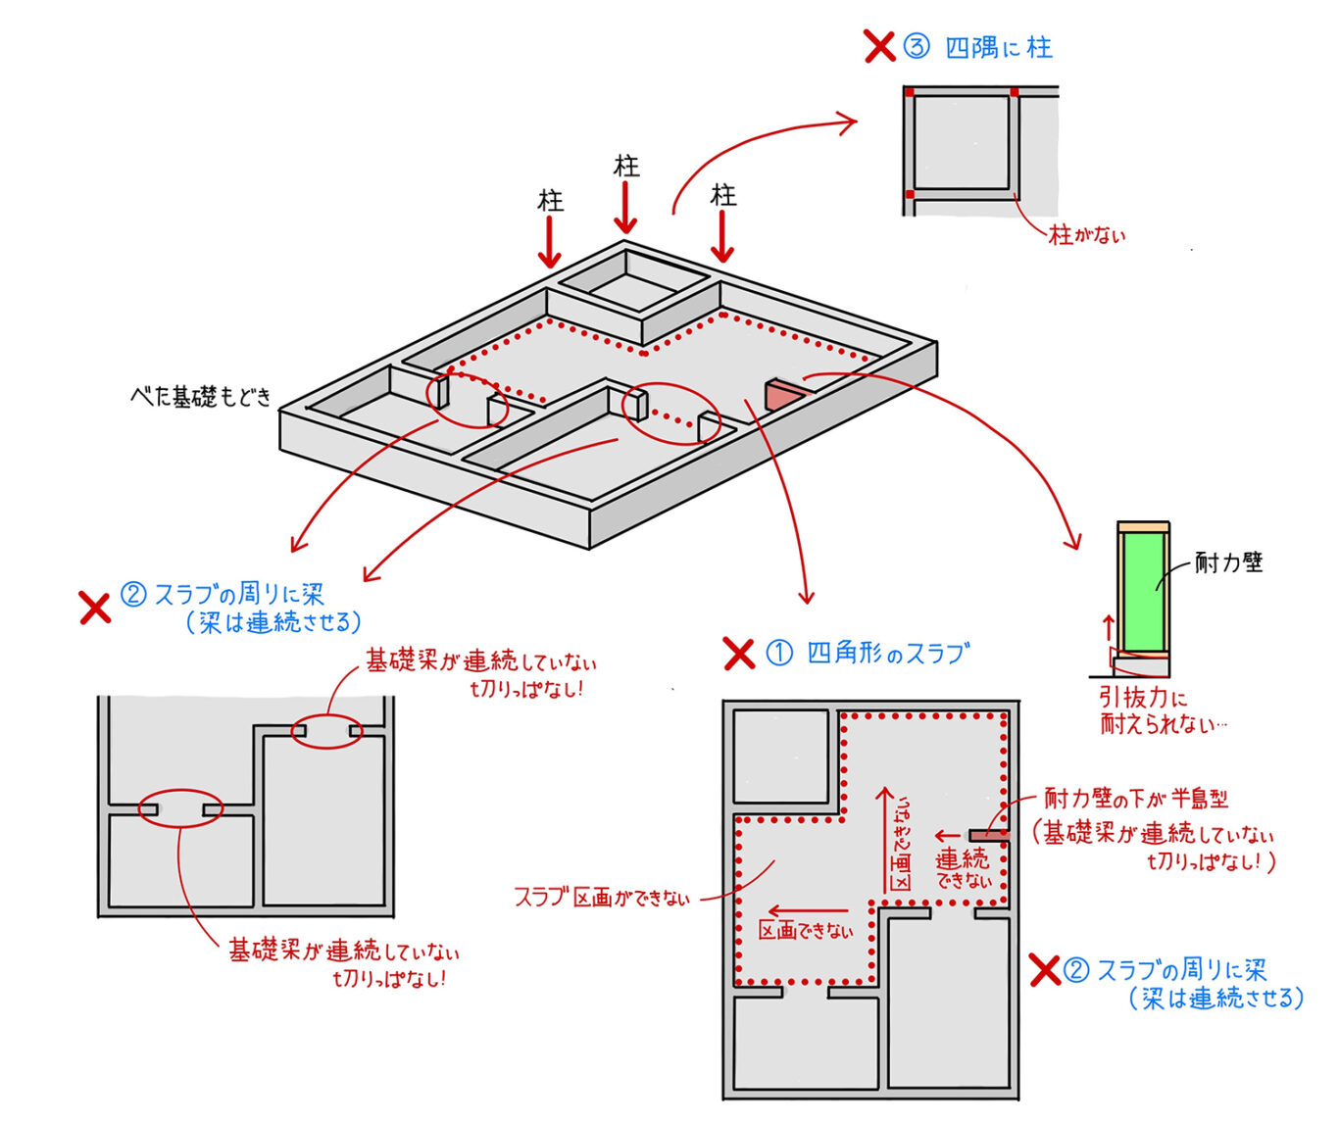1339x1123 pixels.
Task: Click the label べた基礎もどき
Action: (x=200, y=397)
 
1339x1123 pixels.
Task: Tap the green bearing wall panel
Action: (x=1144, y=591)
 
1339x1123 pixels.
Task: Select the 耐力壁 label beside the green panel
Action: (x=1228, y=562)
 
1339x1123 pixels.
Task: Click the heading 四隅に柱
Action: (x=998, y=48)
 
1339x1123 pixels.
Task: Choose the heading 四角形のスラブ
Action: (x=888, y=653)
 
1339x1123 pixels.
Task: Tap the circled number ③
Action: (x=916, y=47)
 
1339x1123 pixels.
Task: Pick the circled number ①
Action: (x=778, y=653)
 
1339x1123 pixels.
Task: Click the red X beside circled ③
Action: (x=879, y=46)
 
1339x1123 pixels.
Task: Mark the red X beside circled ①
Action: (x=738, y=654)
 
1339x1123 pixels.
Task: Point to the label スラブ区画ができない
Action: (x=601, y=897)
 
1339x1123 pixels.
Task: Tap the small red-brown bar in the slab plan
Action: (x=987, y=836)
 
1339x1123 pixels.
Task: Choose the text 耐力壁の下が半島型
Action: (x=1135, y=799)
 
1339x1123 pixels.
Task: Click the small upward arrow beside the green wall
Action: (x=1109, y=626)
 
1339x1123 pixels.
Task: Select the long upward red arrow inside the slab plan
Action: (x=885, y=838)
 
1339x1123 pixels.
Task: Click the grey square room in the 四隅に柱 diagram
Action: (x=961, y=142)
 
